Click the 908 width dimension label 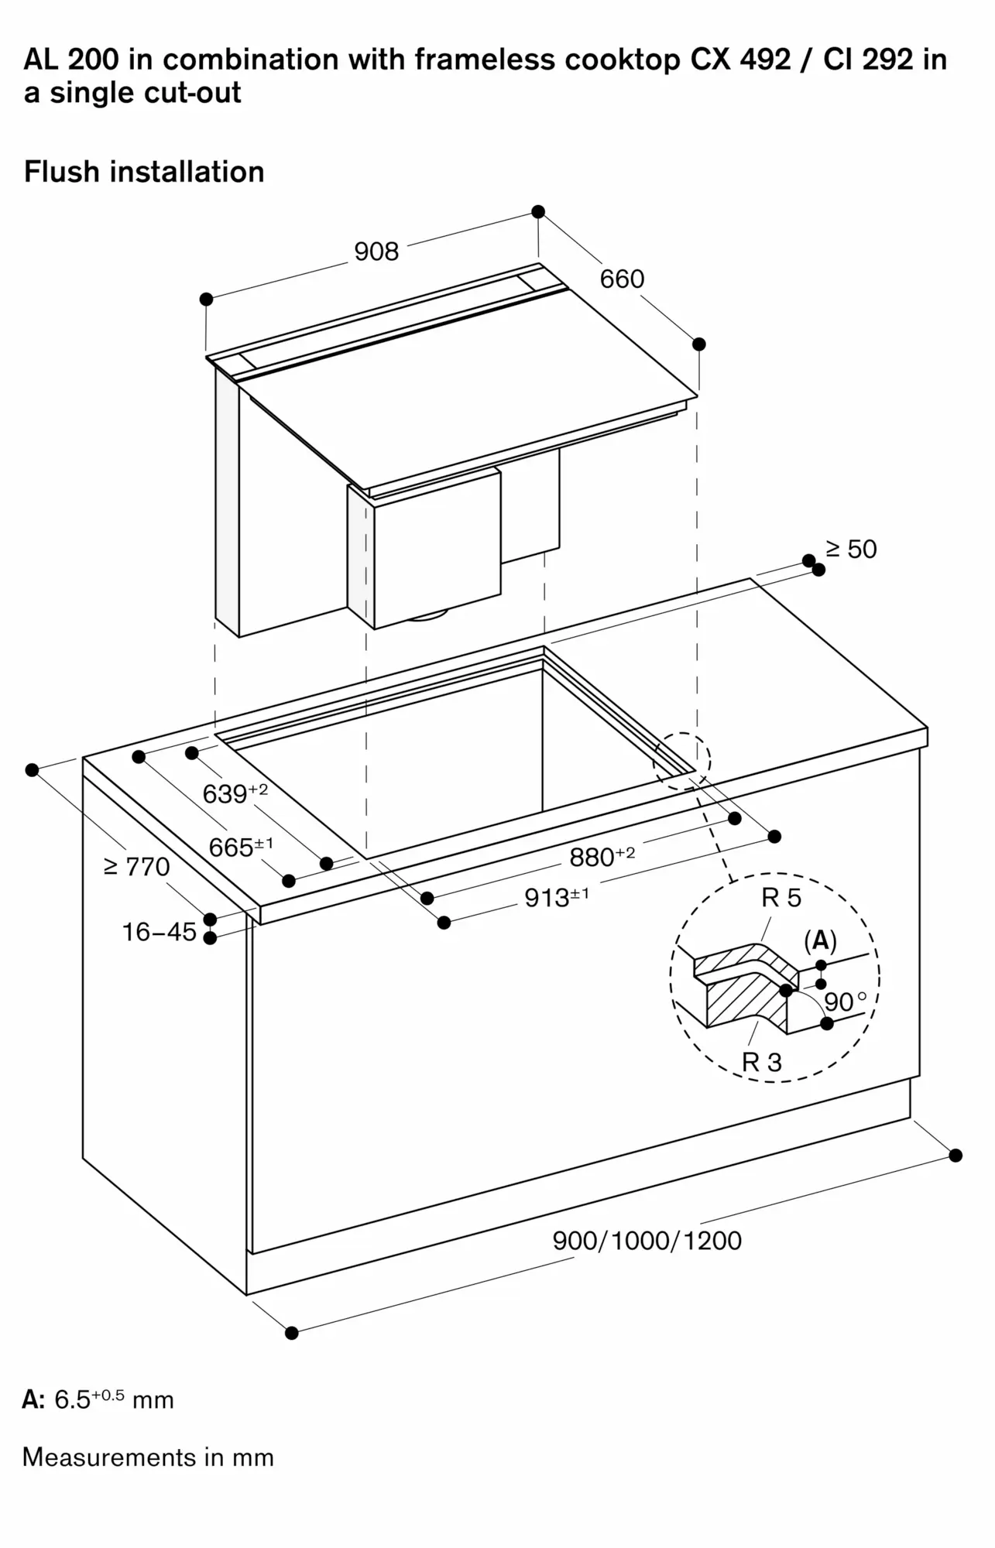376,252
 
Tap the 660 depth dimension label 622,279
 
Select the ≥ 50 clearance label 851,549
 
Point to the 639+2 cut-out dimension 235,793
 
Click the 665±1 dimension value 240,847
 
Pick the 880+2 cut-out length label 602,856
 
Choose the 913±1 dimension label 556,896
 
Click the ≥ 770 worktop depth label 137,866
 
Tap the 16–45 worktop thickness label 160,932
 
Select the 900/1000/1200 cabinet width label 647,1241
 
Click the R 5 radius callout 781,898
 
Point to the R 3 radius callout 762,1062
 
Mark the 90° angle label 845,1002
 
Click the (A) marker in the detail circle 820,940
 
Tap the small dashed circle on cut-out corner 681,761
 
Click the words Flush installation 144,172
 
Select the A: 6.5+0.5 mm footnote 98,1399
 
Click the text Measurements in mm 148,1457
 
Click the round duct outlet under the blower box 428,615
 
